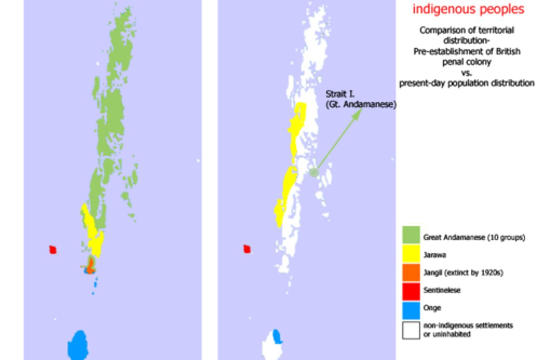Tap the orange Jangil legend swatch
pos(411,272)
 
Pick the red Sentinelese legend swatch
pos(411,290)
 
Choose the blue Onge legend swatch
pos(411,308)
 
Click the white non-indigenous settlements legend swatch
pos(411,329)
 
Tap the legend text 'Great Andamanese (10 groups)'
pos(474,238)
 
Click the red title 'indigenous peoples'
pos(468,9)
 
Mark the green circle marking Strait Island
pos(314,172)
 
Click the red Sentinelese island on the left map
pos(53,249)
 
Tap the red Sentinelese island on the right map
pos(247,249)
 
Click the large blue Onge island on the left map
pos(77,344)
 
